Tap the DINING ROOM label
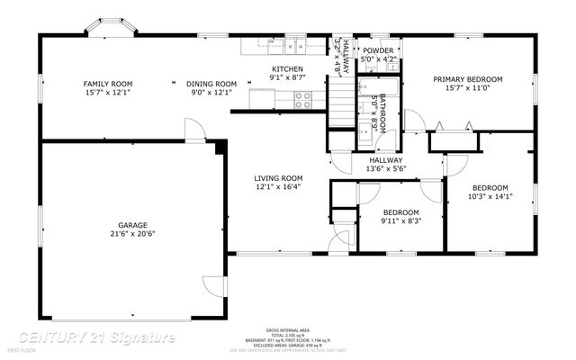(211, 83)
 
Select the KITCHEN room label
(288, 69)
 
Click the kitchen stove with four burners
(303, 101)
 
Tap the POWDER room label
(377, 50)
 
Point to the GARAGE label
(132, 225)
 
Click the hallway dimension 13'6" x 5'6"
(385, 168)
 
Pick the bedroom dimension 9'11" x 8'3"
(400, 220)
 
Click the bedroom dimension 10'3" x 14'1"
(490, 196)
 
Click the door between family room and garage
(193, 133)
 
